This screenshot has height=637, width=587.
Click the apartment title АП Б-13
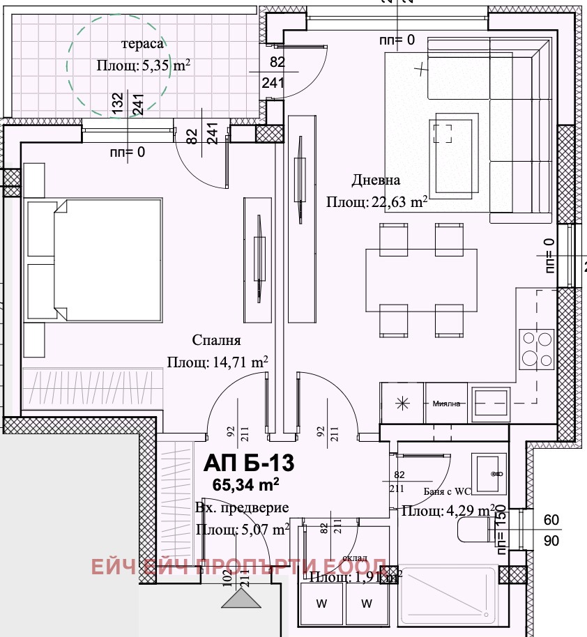click(249, 462)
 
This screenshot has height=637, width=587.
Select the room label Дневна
click(376, 181)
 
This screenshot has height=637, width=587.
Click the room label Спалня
click(216, 340)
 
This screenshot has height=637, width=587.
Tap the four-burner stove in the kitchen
click(535, 348)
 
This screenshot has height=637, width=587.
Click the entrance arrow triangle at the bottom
click(242, 599)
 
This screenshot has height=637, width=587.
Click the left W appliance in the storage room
click(321, 601)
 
